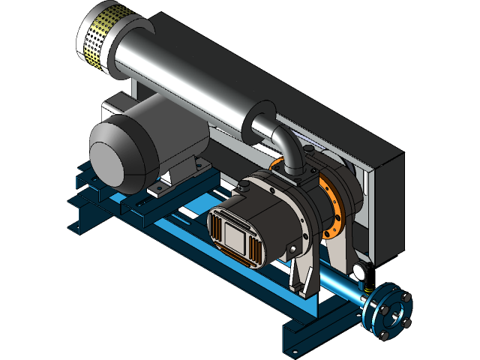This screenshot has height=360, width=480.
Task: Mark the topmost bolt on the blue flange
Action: point(389,287)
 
